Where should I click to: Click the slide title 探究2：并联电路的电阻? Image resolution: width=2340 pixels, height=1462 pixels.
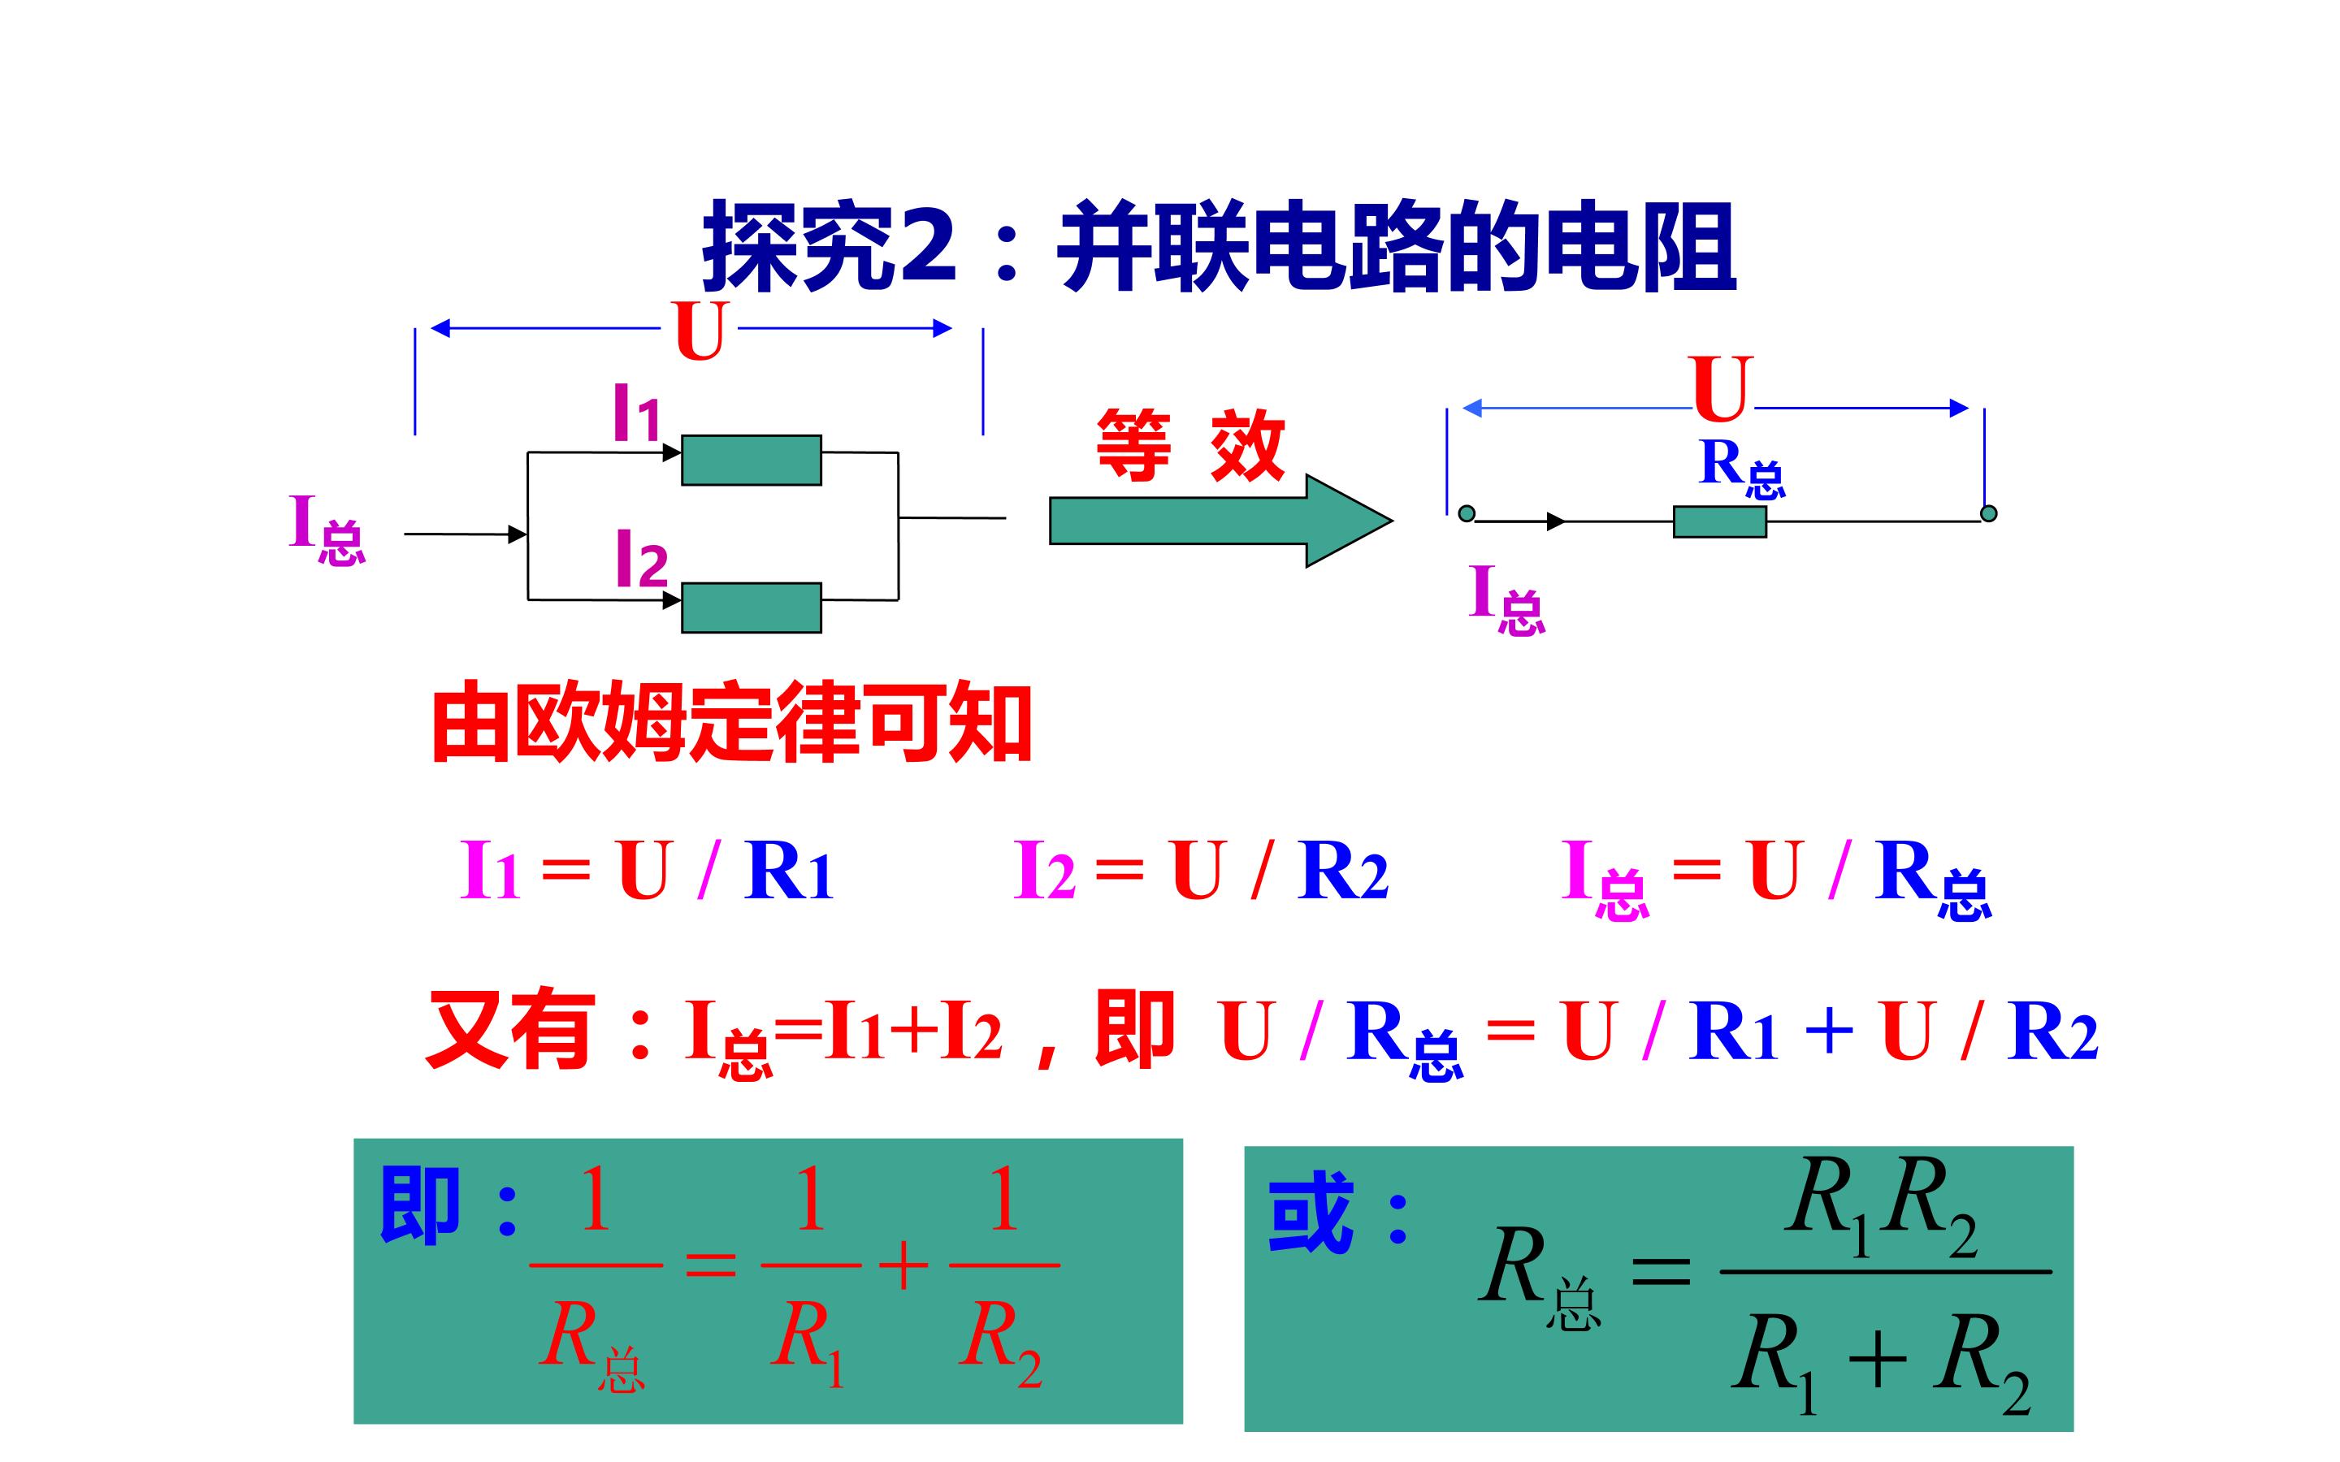click(1220, 247)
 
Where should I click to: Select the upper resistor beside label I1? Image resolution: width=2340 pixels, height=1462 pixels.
click(752, 461)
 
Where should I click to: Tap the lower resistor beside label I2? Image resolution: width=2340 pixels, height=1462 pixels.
click(752, 608)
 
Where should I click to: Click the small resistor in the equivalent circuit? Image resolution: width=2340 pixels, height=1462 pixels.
click(1720, 521)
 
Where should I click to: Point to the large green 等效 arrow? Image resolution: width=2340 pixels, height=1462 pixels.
click(1221, 520)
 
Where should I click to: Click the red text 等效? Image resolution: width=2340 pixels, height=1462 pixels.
click(1190, 445)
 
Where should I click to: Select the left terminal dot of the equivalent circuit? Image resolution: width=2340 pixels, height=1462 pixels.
click(1467, 513)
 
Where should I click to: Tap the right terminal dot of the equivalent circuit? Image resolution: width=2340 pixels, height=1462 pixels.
click(1988, 513)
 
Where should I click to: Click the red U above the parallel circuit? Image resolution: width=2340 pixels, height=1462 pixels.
click(699, 331)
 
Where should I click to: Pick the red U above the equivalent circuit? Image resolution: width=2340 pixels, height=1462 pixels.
click(1720, 389)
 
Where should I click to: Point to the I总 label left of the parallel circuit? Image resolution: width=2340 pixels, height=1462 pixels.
click(327, 530)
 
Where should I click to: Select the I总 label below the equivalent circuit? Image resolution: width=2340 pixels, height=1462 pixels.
click(1506, 599)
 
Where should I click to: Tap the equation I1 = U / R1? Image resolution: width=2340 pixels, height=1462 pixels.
click(646, 870)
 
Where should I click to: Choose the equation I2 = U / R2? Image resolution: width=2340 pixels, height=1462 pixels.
click(1201, 870)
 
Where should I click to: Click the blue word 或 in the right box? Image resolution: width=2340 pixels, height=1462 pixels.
click(1311, 1213)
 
